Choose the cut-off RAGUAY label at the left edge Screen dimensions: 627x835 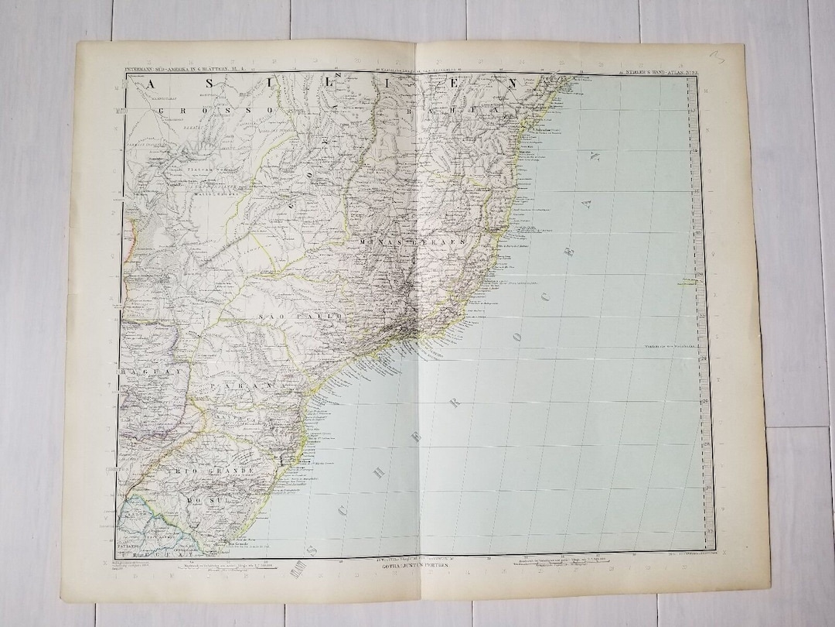[x=139, y=372]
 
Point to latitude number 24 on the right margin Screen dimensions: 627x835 [x=704, y=355]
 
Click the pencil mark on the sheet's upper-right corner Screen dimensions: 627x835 [x=735, y=56]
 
